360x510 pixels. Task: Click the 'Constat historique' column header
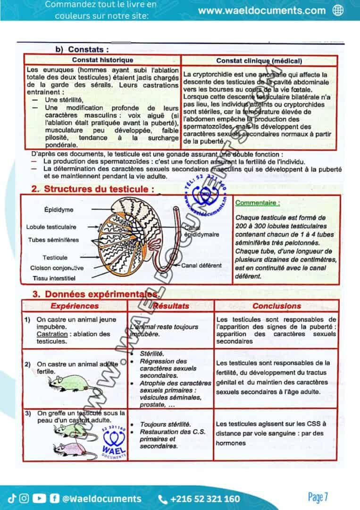tap(102, 60)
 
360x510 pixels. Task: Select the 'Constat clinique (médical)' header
tap(259, 60)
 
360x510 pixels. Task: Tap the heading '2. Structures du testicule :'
tap(92, 189)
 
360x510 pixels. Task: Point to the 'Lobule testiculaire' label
tap(51, 227)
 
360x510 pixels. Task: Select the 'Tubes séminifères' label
tap(53, 240)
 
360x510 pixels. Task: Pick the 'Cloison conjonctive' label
tap(57, 268)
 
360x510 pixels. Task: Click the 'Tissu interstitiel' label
tap(54, 278)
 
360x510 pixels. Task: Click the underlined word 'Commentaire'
tap(257, 203)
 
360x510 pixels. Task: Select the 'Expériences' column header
tap(74, 306)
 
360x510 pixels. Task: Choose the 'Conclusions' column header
tap(276, 306)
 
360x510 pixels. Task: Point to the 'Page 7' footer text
tap(318, 497)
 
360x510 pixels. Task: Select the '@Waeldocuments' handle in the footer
tap(102, 499)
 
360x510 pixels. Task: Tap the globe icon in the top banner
tap(338, 10)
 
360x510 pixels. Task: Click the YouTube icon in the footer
tap(40, 498)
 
